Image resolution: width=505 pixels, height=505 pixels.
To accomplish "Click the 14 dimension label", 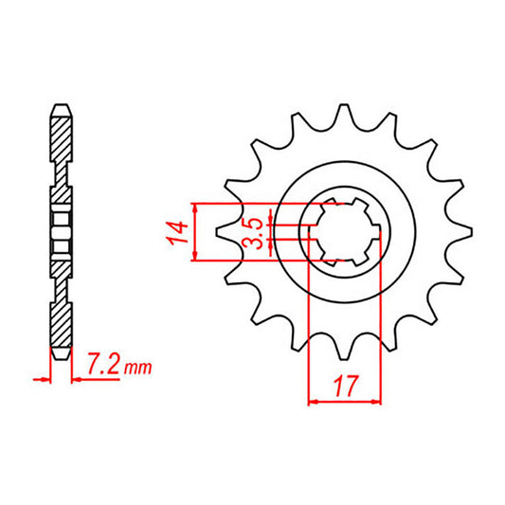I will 174,231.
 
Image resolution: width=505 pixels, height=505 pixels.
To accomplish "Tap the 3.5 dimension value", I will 253,231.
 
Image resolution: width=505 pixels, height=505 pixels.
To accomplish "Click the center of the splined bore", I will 344,230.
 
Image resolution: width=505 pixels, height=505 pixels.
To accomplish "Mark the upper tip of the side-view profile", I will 60,103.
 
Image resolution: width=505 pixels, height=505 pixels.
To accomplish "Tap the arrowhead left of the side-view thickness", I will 44,380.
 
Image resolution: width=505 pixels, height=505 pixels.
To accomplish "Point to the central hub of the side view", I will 60,230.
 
